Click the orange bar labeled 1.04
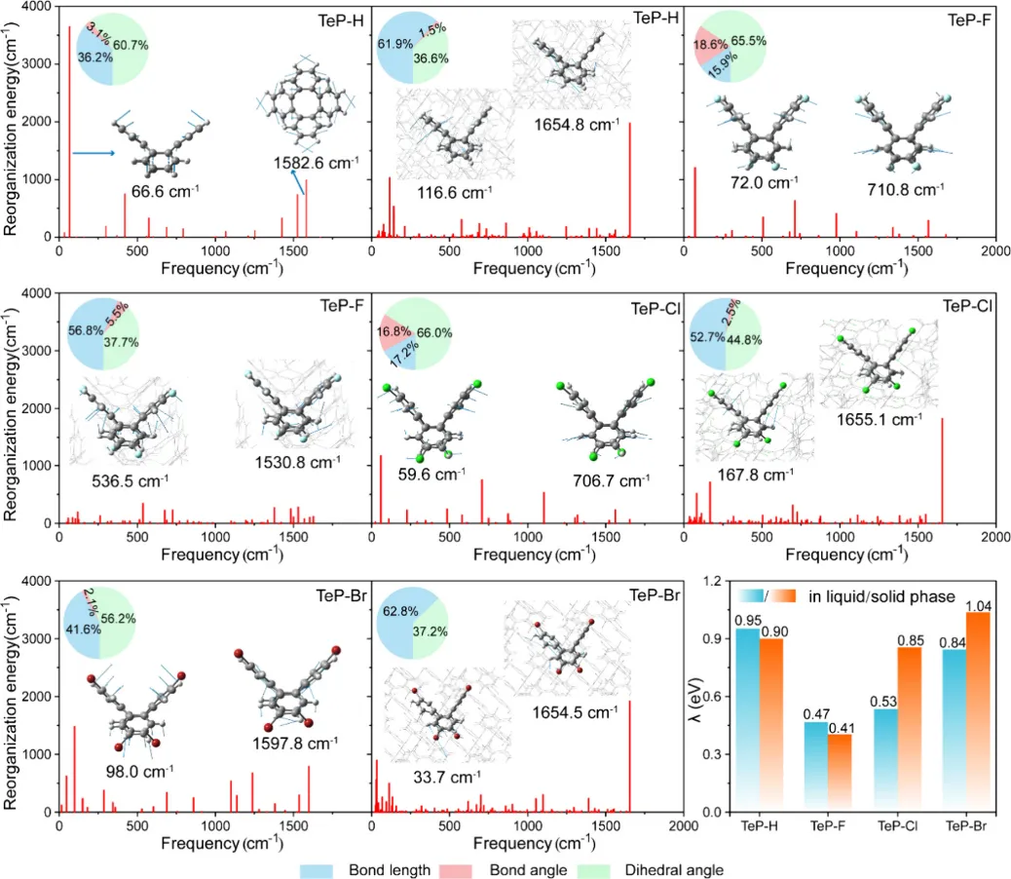(x=978, y=711)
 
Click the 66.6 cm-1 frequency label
(x=159, y=191)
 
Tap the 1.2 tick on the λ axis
(x=719, y=582)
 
